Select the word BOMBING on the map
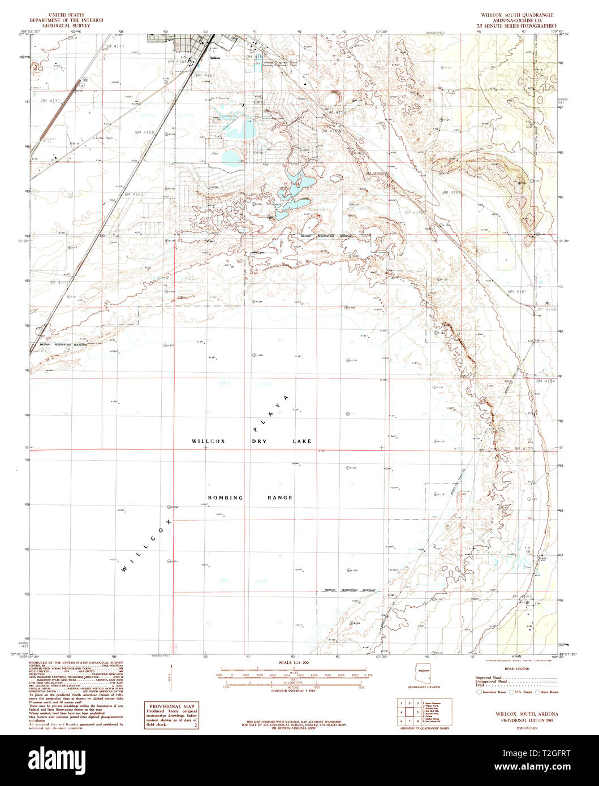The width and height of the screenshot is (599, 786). pos(225,498)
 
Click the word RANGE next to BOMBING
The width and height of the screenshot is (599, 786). pos(280,498)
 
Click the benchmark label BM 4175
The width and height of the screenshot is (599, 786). pos(524,448)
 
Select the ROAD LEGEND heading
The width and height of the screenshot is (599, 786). pos(515,668)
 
